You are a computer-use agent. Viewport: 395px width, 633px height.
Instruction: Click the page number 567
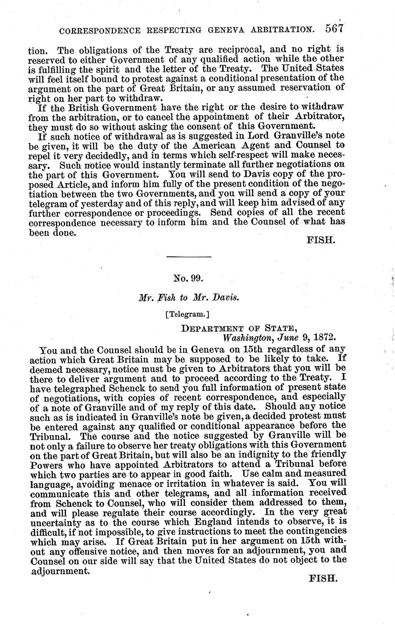335,29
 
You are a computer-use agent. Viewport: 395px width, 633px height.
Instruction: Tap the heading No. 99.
188,278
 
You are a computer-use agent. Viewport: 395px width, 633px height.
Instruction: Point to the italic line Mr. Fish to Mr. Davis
188,297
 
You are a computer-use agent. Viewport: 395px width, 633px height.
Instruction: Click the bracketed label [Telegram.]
187,315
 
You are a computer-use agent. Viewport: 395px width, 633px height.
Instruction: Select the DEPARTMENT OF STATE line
239,328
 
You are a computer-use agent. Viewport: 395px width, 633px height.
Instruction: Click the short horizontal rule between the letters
188,256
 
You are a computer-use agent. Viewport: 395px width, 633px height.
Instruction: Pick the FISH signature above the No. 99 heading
321,240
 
